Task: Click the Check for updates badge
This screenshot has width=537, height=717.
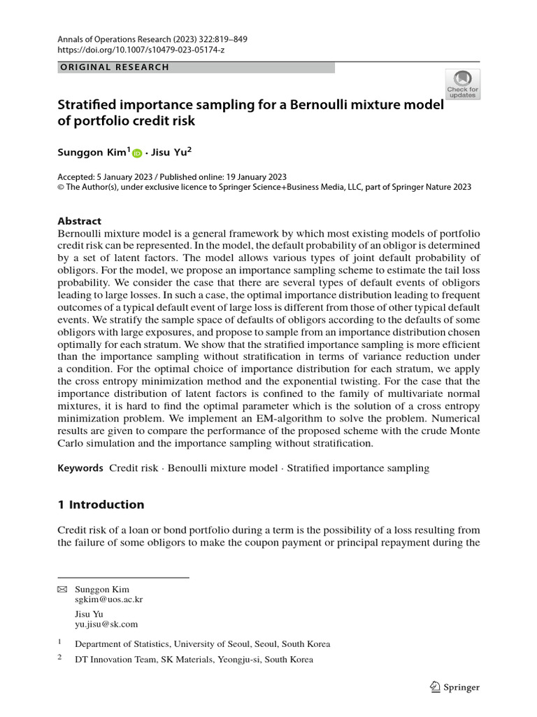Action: [x=462, y=83]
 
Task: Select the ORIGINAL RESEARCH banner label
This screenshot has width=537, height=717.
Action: [x=114, y=67]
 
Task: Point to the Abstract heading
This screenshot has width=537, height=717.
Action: [x=79, y=221]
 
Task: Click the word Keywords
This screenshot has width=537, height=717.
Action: [x=80, y=468]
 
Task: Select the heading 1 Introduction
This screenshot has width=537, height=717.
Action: [x=101, y=504]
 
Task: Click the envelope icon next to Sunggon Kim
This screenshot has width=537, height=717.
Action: [x=61, y=590]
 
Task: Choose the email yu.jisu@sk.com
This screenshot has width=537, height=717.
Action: [x=106, y=624]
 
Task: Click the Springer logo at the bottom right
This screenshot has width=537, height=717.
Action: [x=454, y=687]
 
